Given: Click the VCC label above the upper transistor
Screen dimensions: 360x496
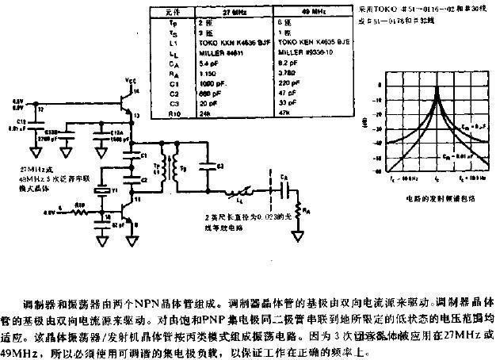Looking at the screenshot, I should point(129,82).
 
